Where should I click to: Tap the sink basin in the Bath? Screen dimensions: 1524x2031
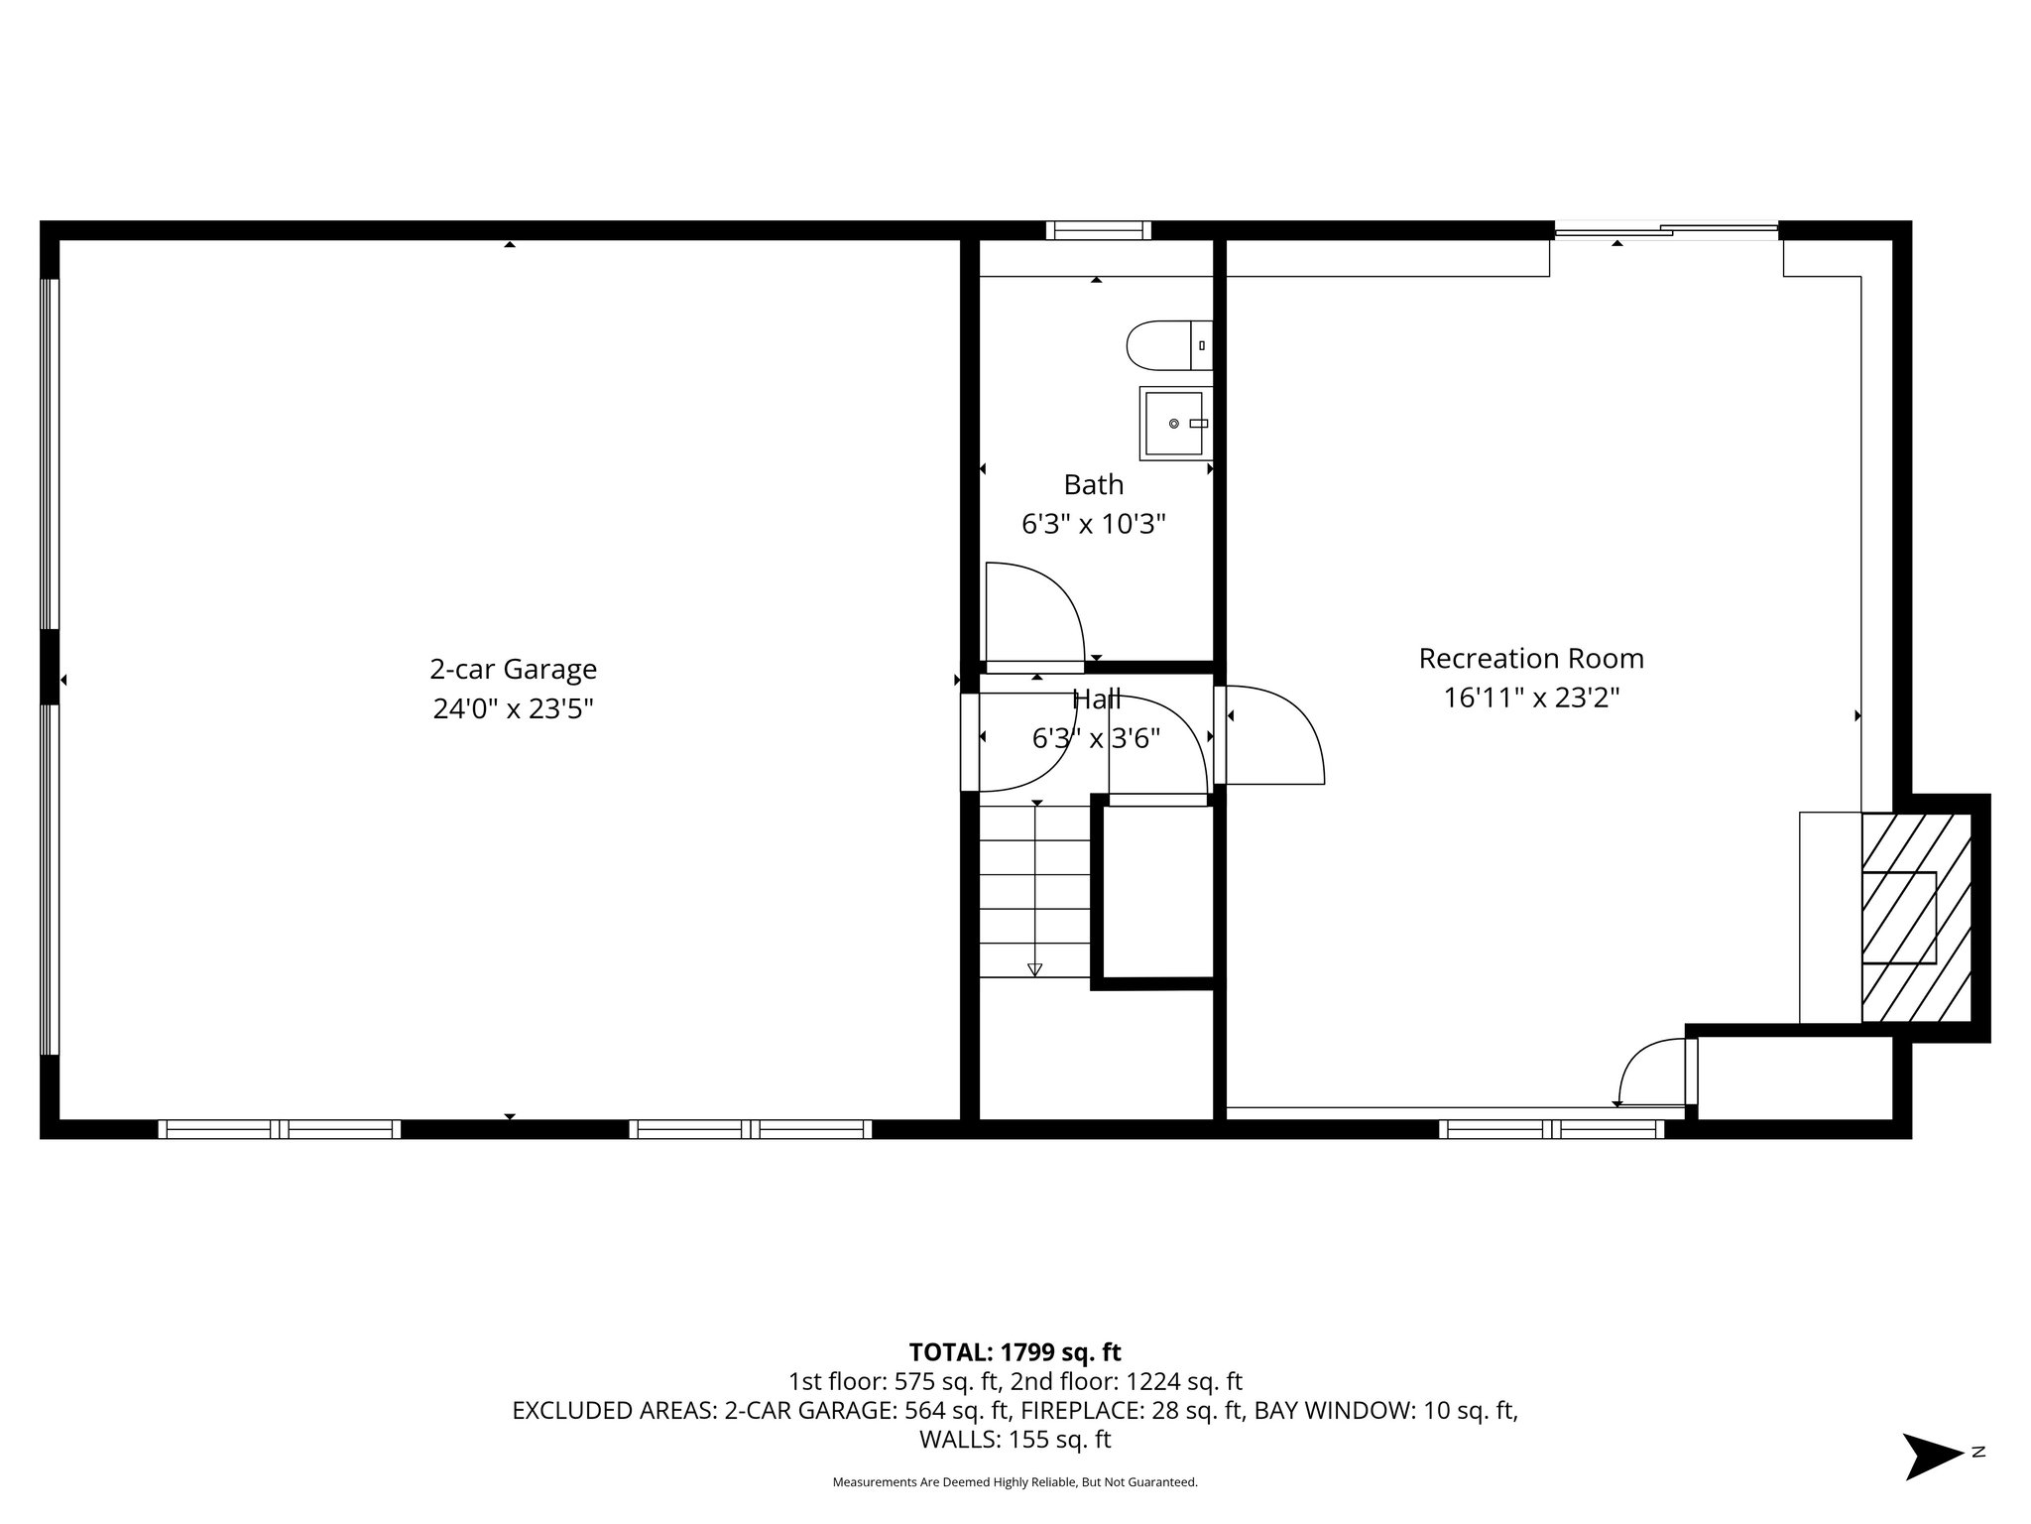1173,424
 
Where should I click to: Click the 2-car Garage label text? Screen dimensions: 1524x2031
513,670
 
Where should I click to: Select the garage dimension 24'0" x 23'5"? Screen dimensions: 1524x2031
513,709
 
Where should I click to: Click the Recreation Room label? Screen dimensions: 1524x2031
1530,659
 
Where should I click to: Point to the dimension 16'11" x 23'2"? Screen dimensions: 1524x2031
1530,698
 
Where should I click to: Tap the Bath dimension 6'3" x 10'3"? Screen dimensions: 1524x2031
1093,524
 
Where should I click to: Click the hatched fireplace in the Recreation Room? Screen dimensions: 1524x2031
1915,917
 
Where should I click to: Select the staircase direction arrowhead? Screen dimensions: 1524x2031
1035,969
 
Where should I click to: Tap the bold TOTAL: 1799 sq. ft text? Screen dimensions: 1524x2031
1015,1352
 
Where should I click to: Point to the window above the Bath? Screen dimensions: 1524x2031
1098,230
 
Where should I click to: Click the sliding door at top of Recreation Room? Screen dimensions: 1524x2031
1666,231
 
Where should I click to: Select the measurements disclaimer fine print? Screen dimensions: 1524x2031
1015,1482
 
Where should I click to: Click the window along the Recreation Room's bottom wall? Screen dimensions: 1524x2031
1551,1129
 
